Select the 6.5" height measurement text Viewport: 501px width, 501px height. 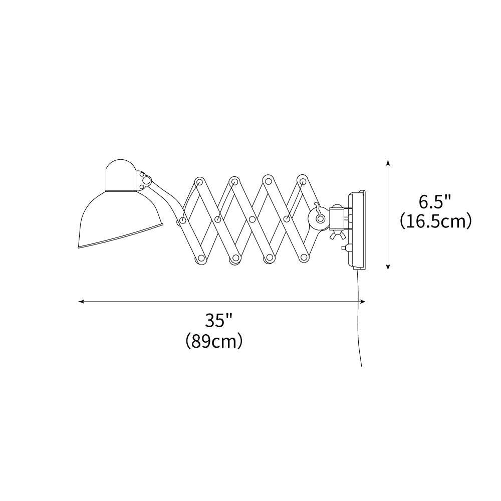(x=435, y=202)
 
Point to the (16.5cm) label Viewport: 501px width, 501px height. (x=436, y=221)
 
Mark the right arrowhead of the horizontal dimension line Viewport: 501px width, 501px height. (x=363, y=302)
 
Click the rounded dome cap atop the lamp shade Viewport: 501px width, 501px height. (x=121, y=175)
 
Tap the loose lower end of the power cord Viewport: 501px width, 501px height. (x=361, y=364)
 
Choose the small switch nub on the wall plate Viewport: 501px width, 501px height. (x=343, y=247)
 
